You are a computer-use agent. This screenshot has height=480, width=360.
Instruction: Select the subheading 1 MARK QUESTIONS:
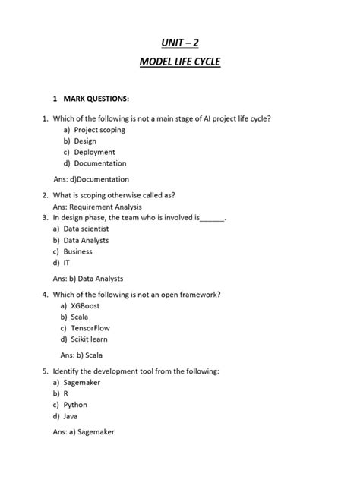(x=90, y=99)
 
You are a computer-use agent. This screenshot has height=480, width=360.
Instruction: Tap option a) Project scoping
(x=94, y=130)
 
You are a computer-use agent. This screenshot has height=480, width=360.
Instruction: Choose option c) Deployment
(x=89, y=152)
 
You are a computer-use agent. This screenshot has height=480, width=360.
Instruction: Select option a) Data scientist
(x=81, y=229)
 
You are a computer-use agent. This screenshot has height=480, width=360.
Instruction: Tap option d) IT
(x=62, y=263)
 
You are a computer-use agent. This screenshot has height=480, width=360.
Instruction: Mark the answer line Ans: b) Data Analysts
(x=88, y=279)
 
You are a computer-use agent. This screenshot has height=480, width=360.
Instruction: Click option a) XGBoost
(x=82, y=305)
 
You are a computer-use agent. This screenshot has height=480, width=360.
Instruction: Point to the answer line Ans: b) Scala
(x=81, y=355)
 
